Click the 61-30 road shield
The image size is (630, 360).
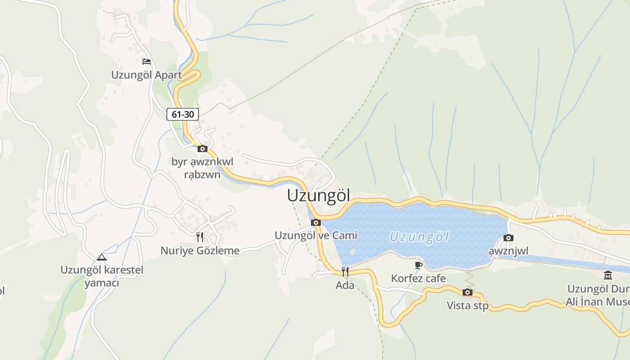tap(183, 114)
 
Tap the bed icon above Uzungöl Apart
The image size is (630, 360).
tap(146, 62)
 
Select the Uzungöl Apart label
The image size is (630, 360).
tap(147, 75)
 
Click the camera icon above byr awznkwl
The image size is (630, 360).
tap(202, 148)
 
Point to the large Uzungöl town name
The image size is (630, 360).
tap(319, 196)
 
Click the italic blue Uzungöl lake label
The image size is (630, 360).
tap(419, 237)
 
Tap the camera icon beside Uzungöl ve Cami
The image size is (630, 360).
tap(316, 222)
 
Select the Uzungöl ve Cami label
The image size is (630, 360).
tap(316, 235)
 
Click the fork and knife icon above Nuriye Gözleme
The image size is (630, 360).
tap(200, 237)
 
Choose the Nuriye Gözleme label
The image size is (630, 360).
tap(200, 251)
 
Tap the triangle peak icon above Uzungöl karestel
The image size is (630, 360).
tap(102, 257)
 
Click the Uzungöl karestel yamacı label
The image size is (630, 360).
tap(102, 276)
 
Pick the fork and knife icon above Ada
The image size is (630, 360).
tap(345, 271)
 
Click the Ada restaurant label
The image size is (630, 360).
tap(345, 285)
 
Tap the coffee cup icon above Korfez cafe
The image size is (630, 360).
tap(418, 265)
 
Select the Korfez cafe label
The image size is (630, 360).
tap(418, 279)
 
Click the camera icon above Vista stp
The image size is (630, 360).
tap(468, 292)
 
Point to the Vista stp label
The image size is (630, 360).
tap(468, 306)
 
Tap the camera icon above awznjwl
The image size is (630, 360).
tap(508, 238)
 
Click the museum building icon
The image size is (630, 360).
tap(608, 275)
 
